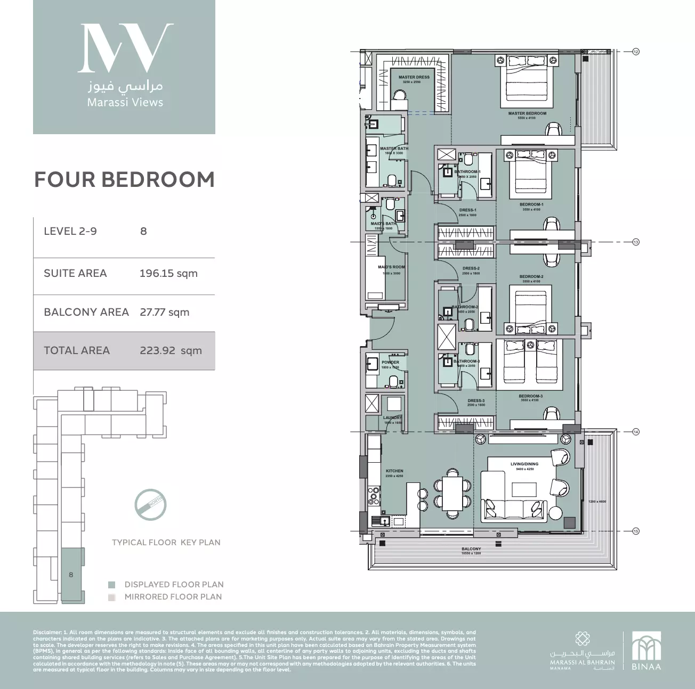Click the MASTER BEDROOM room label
pos(527,113)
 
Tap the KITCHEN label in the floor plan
pos(394,471)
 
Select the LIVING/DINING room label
pos(524,464)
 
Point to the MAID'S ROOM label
pos(391,267)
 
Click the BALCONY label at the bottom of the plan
pos(471,549)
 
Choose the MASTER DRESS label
pos(414,77)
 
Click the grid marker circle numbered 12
pos(635,52)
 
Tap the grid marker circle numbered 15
pos(635,531)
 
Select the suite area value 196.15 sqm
pos(168,274)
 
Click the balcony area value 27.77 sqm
pos(164,312)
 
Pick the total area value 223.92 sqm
pos(171,351)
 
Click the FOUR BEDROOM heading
pos(124,180)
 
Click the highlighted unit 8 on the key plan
pos(71,575)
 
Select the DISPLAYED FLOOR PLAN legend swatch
pos(111,585)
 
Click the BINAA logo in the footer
pos(646,651)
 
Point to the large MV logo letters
pos(125,48)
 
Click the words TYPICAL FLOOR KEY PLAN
pos(166,543)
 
